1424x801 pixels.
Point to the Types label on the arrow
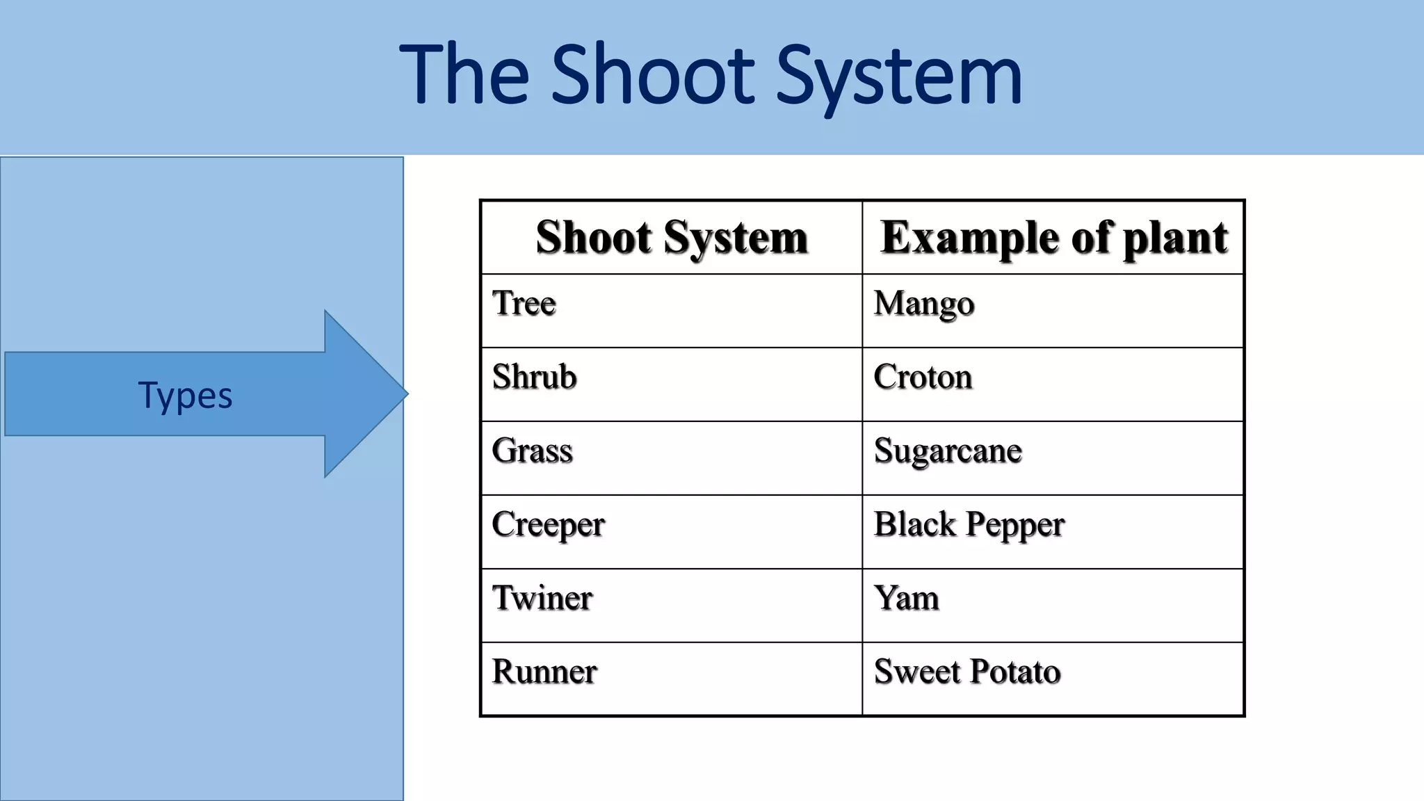[x=185, y=395]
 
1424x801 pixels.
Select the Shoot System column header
[x=672, y=237]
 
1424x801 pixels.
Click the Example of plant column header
[x=1053, y=237]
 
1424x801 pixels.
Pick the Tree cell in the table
[x=524, y=303]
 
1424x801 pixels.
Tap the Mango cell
[x=924, y=304]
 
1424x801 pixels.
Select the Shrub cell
[x=534, y=377]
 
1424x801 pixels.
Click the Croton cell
[x=923, y=377]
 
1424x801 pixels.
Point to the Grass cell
[x=532, y=451]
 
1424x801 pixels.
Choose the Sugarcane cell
[x=948, y=451]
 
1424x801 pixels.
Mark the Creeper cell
[x=548, y=525]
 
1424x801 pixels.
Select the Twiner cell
[x=542, y=598]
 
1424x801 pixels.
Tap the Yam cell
[x=907, y=598]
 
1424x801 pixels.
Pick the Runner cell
[x=544, y=672]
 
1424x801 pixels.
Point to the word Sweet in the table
[x=917, y=672]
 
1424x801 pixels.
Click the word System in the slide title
[x=898, y=75]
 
